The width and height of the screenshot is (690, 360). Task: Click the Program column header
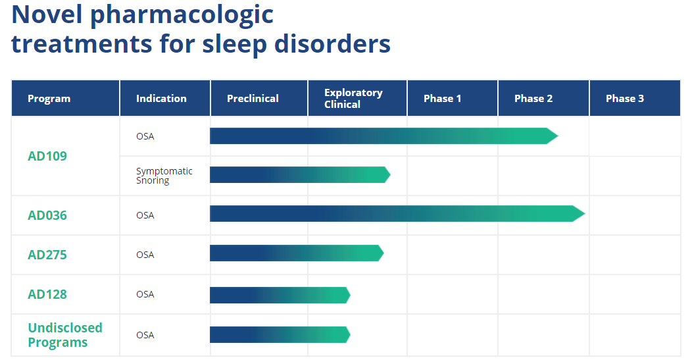pyautogui.click(x=49, y=99)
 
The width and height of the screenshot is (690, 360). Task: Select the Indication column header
pyautogui.click(x=161, y=99)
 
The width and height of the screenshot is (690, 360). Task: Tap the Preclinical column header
pyautogui.click(x=253, y=99)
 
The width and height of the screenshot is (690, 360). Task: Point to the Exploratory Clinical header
pyautogui.click(x=353, y=99)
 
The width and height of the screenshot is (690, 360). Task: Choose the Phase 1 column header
pyautogui.click(x=442, y=99)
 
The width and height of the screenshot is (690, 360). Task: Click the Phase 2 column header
pyautogui.click(x=533, y=99)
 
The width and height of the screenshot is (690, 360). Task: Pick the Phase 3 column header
pyautogui.click(x=624, y=99)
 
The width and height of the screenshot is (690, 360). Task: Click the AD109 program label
pyautogui.click(x=47, y=156)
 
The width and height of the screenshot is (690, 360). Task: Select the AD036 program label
pyautogui.click(x=47, y=215)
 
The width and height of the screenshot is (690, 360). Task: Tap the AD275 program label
pyautogui.click(x=47, y=255)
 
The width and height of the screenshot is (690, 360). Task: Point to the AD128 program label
pyautogui.click(x=47, y=294)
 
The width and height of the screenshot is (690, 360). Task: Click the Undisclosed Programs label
pyautogui.click(x=64, y=335)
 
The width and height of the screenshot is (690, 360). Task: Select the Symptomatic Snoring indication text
pyautogui.click(x=164, y=176)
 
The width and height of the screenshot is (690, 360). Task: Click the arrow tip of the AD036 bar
pyautogui.click(x=585, y=214)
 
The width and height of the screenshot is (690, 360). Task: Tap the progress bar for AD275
pyautogui.click(x=297, y=253)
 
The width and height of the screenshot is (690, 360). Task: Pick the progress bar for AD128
pyautogui.click(x=280, y=295)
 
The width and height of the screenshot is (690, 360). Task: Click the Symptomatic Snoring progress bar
pyautogui.click(x=300, y=174)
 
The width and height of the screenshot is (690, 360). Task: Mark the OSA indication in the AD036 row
pyautogui.click(x=145, y=215)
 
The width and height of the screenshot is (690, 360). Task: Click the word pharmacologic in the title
pyautogui.click(x=182, y=15)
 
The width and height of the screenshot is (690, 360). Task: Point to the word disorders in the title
pyautogui.click(x=332, y=44)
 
